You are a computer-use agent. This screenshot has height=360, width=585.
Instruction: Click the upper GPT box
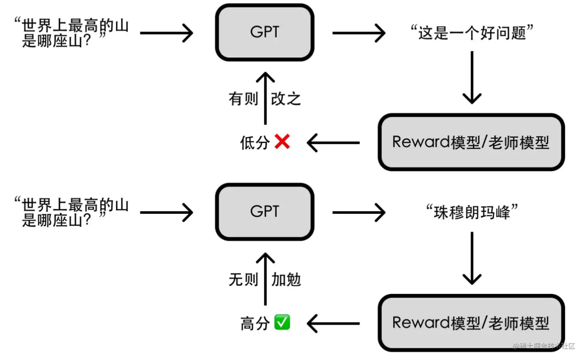(264, 32)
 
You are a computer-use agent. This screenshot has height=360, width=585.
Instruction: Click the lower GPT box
(264, 212)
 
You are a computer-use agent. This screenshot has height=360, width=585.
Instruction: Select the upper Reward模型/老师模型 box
(471, 142)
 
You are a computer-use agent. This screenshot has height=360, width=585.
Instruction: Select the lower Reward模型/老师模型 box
(471, 323)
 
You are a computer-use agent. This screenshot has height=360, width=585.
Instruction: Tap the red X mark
(282, 142)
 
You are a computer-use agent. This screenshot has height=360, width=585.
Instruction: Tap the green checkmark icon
(282, 322)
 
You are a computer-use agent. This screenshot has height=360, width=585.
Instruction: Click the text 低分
(255, 143)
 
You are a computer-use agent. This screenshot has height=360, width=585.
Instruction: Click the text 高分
(255, 323)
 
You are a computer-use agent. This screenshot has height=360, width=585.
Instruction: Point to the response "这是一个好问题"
(472, 33)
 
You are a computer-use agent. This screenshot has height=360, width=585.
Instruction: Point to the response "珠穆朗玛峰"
(472, 212)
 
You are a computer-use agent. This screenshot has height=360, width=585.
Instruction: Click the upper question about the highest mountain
(72, 33)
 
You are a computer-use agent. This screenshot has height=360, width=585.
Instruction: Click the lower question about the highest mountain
(72, 212)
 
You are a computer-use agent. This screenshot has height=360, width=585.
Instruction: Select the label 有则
(243, 99)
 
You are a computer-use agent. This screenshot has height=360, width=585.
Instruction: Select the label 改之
(286, 99)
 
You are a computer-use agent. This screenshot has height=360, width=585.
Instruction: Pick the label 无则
(243, 279)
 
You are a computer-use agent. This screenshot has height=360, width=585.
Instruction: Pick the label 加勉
(286, 279)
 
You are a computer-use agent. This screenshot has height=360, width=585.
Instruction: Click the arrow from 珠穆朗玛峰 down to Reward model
(472, 258)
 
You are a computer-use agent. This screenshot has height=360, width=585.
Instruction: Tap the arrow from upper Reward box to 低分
(333, 143)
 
